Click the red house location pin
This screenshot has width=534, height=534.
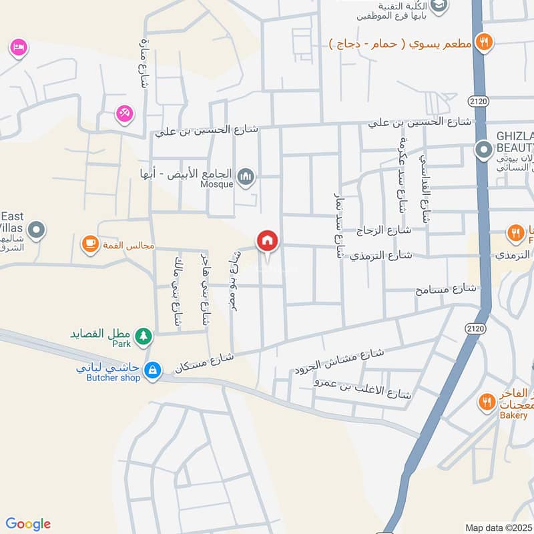[x=267, y=241]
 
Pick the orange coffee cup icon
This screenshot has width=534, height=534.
[x=89, y=245]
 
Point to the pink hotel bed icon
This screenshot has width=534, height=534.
[x=18, y=47]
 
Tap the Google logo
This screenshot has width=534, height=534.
[x=28, y=524]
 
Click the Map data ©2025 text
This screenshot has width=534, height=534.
[x=497, y=527]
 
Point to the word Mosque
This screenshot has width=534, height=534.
[x=218, y=185]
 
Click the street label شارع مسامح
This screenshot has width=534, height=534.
[x=447, y=289]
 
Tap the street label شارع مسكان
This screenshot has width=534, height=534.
[x=204, y=362]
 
